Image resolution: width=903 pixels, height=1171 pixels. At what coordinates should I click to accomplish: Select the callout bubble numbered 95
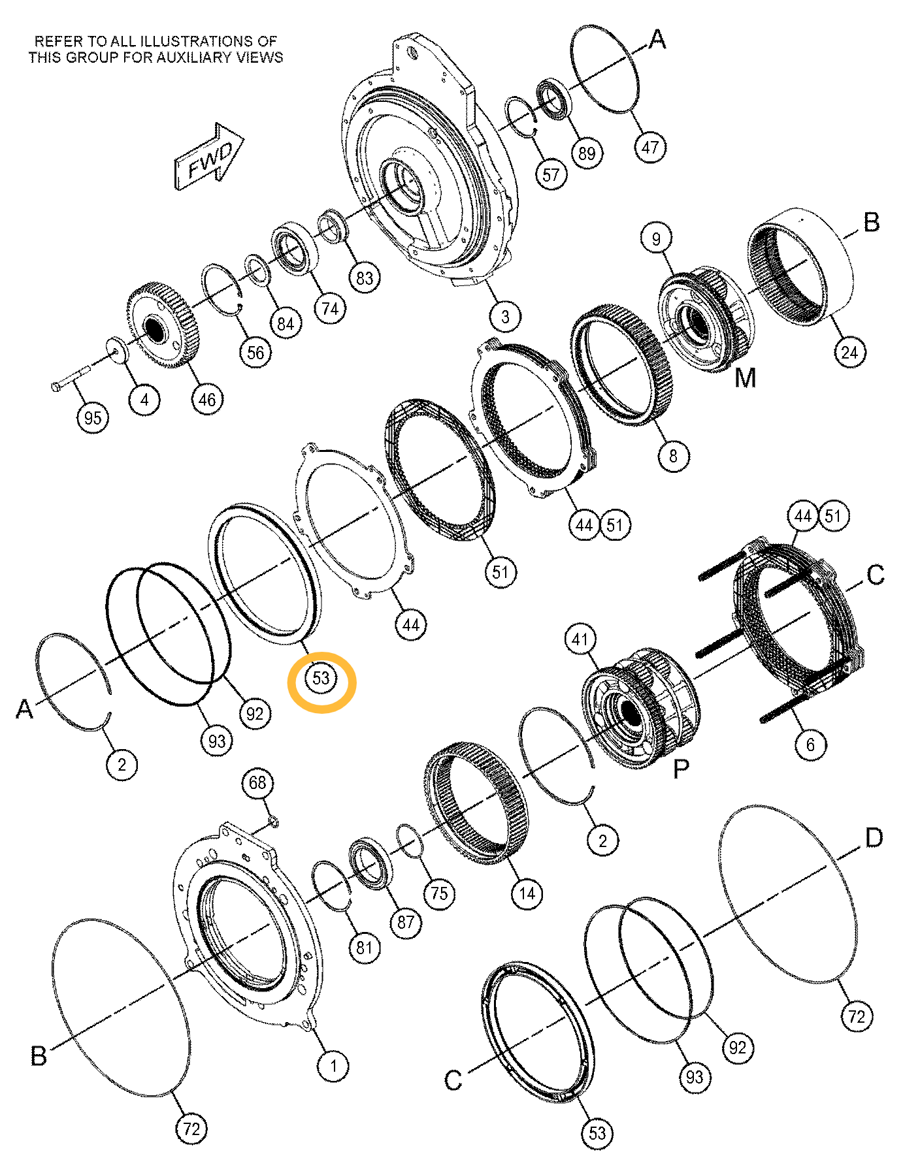coord(93,417)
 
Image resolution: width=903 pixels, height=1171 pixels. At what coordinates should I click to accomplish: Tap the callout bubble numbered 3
coord(505,317)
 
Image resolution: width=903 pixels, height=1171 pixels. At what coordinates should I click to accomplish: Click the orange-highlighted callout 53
coord(321,678)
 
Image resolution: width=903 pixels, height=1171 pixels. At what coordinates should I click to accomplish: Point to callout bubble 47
coord(650,147)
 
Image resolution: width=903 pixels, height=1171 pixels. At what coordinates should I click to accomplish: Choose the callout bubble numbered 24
coord(849,352)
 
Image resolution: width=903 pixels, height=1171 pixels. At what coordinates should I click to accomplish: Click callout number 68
coord(258,782)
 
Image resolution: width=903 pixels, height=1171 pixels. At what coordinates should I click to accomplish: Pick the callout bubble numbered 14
coord(527,893)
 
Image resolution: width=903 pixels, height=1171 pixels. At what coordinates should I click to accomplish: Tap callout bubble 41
coord(580,639)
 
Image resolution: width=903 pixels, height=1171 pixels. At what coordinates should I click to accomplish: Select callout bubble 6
coord(811,745)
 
